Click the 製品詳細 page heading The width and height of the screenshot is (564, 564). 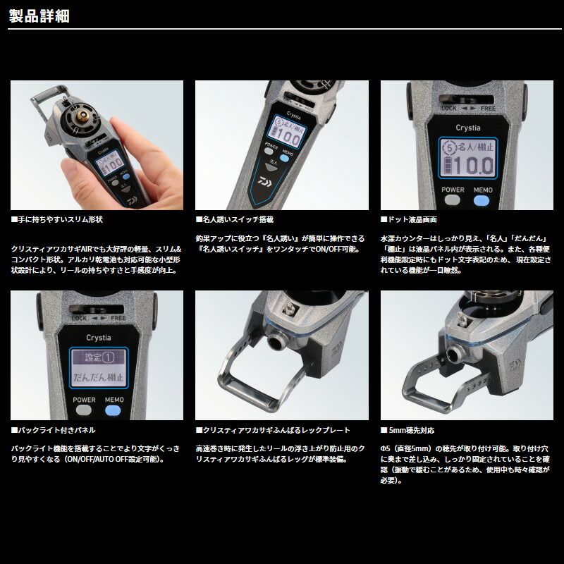(39, 16)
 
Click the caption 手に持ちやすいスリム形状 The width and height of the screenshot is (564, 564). (57, 219)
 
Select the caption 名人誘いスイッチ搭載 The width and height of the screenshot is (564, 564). (235, 219)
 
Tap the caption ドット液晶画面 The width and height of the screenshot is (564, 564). (409, 219)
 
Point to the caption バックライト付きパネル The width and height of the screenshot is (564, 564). (54, 430)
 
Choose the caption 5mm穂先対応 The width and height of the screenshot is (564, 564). (407, 430)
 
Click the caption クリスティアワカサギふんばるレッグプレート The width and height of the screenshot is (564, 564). (273, 430)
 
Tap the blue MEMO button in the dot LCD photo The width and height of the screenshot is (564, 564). (482, 201)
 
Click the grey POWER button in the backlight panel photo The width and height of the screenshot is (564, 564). (84, 410)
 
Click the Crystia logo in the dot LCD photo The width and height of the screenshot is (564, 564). (468, 128)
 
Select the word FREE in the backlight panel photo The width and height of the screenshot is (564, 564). (118, 319)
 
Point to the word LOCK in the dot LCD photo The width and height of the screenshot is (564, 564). (449, 109)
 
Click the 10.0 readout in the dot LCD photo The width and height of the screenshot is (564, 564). (473, 166)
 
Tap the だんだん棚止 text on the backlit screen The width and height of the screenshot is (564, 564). (99, 377)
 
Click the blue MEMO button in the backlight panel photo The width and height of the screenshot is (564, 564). (113, 410)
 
